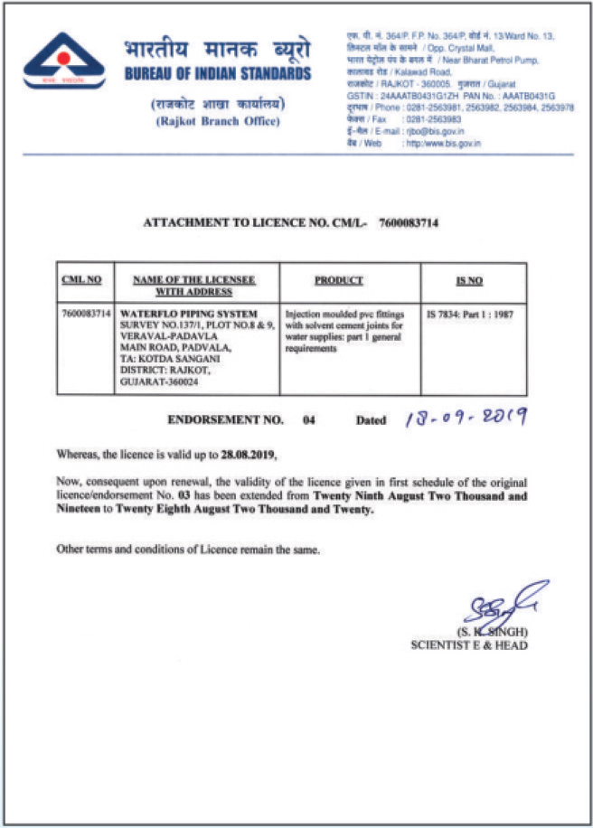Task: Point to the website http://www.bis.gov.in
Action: (445, 143)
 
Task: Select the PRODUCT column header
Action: (338, 279)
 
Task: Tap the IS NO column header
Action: (468, 279)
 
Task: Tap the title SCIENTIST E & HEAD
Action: (470, 645)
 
